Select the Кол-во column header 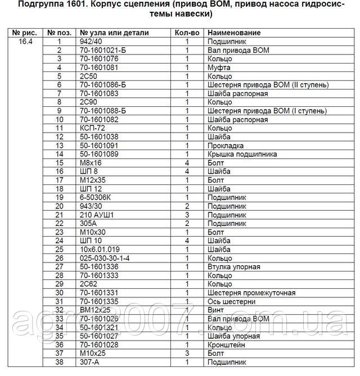tap(187, 33)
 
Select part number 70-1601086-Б tap(103, 85)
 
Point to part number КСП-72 tap(93, 128)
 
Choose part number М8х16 tap(91, 163)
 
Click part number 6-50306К tap(96, 197)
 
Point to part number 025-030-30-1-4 tap(105, 258)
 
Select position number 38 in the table tap(58, 362)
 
